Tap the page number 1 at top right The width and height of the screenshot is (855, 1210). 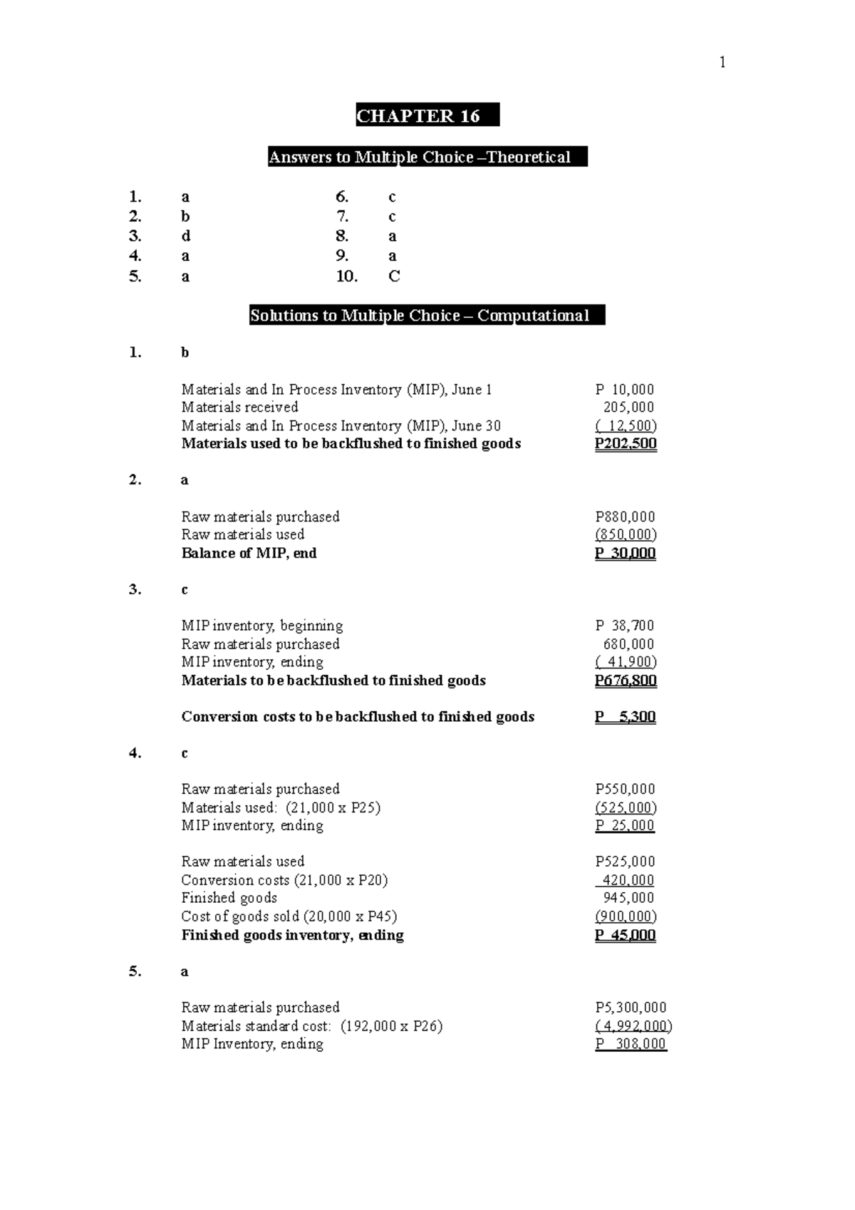tap(722, 63)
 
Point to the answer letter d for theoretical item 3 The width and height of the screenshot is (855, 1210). tap(186, 236)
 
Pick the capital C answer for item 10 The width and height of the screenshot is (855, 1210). tap(394, 276)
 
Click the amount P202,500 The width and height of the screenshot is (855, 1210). tap(626, 443)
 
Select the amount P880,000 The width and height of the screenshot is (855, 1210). tap(625, 517)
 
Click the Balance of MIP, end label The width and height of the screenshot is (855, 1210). tap(249, 553)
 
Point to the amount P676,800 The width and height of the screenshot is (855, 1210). tap(626, 680)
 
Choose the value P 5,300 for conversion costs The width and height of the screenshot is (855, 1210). tap(625, 716)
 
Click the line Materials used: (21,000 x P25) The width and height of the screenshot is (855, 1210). tap(281, 807)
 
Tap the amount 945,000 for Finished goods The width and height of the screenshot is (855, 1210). tap(628, 898)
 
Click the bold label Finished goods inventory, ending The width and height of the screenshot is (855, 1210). tap(292, 935)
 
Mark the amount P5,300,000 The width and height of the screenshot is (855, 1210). tap(631, 1008)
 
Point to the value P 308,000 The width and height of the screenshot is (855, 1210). tap(631, 1044)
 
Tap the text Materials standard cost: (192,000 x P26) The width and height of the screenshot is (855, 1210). tap(311, 1026)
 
